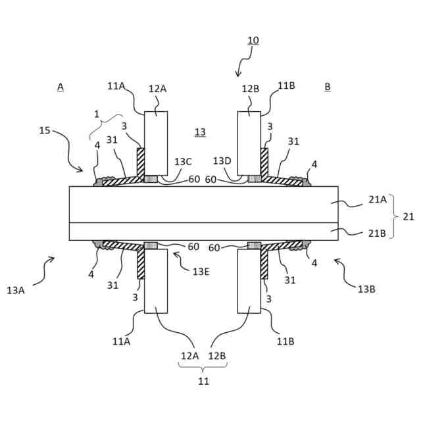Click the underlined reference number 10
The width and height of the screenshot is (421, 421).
coord(253,40)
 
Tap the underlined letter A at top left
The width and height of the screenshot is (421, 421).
coord(60,86)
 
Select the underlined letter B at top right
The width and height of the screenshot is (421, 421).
coord(328,86)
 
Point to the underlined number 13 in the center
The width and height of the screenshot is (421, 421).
coord(200,132)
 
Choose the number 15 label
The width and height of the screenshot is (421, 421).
coord(45,130)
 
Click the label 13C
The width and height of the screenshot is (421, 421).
coord(184,161)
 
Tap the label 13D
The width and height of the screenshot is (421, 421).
coord(222,161)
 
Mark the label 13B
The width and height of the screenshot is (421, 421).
coord(367,289)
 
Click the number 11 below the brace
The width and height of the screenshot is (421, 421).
coord(204,380)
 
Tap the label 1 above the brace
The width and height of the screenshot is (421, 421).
coord(96,113)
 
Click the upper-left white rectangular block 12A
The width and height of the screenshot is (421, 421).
coord(156,141)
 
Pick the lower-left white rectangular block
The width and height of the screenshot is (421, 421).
coord(156,283)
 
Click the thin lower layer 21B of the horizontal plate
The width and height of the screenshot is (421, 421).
coord(204,231)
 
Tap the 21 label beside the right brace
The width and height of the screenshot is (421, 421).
coord(408,216)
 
